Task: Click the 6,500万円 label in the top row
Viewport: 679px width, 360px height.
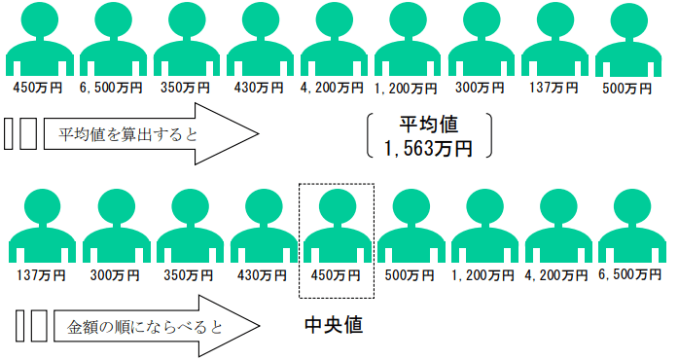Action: click(110, 88)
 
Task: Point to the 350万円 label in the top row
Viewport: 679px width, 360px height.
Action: click(184, 88)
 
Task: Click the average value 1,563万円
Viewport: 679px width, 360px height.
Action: click(428, 148)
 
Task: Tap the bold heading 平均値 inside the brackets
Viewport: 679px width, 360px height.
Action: click(428, 125)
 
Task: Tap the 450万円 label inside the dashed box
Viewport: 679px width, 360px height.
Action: click(336, 274)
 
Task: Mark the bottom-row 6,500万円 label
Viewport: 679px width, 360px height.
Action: click(630, 274)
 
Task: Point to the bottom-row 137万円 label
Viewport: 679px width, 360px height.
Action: click(41, 274)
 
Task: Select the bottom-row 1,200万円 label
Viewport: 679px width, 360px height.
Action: click(482, 274)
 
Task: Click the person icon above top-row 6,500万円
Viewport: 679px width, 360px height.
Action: click(110, 39)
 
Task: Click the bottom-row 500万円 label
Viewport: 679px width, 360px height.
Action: click(410, 274)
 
